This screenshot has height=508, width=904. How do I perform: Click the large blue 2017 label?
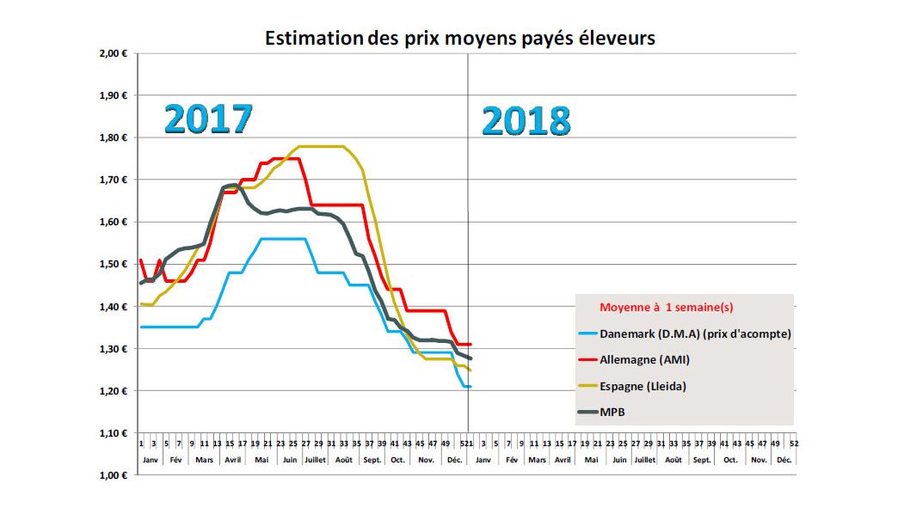pos(208,119)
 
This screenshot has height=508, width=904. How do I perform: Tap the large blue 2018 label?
pos(526,120)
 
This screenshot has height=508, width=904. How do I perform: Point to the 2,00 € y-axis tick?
pos(113,53)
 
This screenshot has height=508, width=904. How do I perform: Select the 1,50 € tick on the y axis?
pos(113,264)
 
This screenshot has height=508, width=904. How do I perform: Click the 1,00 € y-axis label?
pos(113,475)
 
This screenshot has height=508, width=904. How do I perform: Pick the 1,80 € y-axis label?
pos(113,138)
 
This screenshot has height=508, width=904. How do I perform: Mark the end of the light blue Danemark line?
pos(470,387)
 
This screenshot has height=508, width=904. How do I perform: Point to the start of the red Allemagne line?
pos(141,260)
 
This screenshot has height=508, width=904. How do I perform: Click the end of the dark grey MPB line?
pos(470,358)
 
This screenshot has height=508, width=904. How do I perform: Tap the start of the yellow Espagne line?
pos(141,304)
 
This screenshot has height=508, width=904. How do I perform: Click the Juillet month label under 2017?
pos(316,461)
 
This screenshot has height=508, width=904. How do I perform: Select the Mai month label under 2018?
pos(591,461)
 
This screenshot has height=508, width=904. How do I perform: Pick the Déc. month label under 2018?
pos(784,461)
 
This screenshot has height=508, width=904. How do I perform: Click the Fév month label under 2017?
pos(175,461)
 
